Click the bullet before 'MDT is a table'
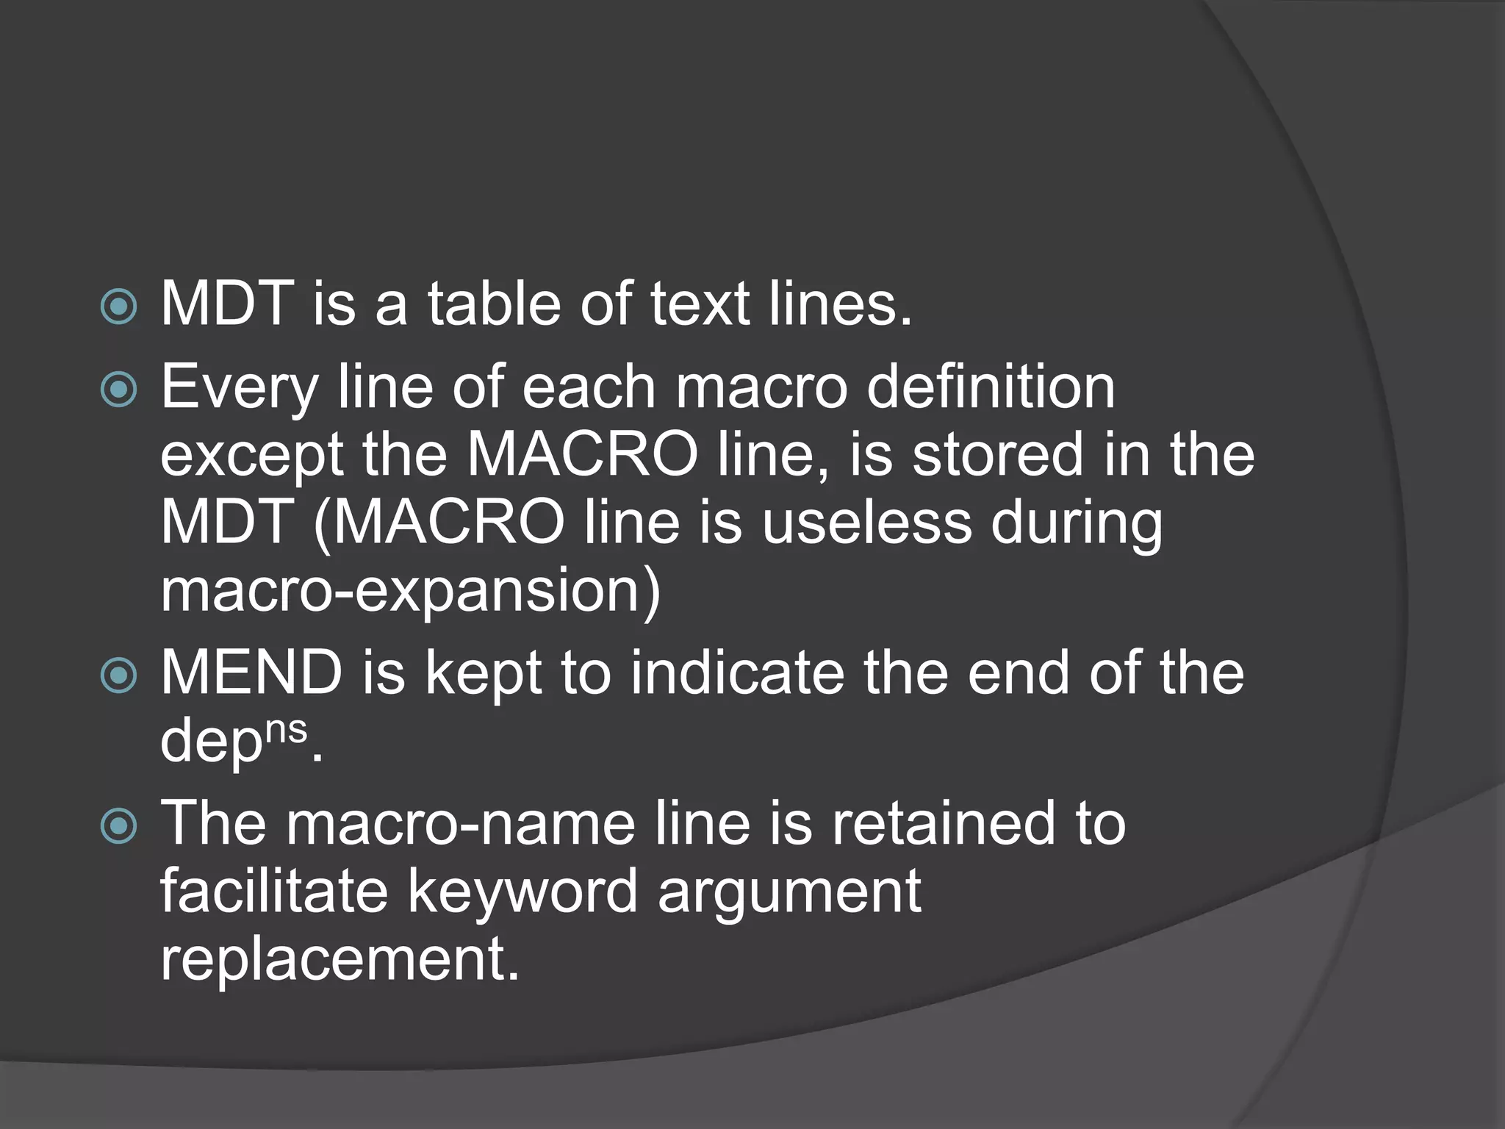pyautogui.click(x=118, y=307)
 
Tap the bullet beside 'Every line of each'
pyautogui.click(x=118, y=390)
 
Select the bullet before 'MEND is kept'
pyautogui.click(x=118, y=675)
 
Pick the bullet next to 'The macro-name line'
pyautogui.click(x=118, y=825)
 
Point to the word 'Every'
pyautogui.click(x=239, y=387)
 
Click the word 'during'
pyautogui.click(x=1077, y=525)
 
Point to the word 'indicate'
pyautogui.click(x=737, y=672)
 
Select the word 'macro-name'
pyautogui.click(x=461, y=823)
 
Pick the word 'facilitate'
pyautogui.click(x=274, y=891)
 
